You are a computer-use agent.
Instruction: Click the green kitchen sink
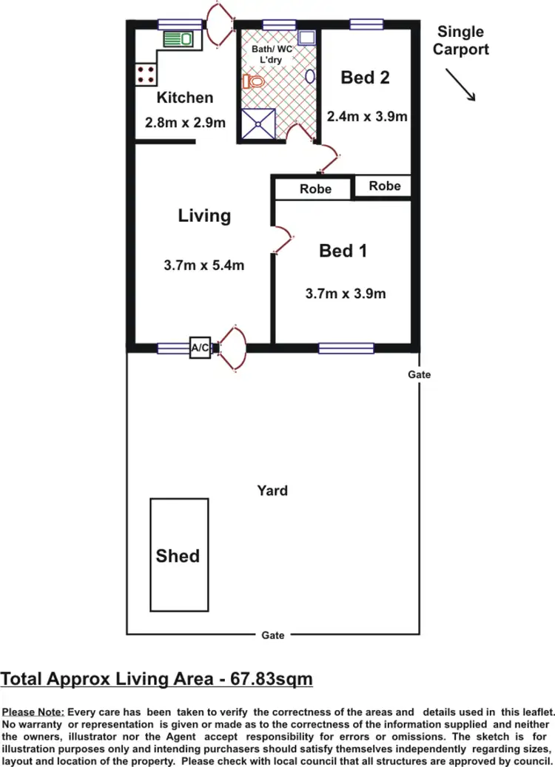(x=177, y=38)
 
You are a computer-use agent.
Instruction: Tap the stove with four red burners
(x=146, y=73)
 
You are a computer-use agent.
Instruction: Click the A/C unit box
(x=201, y=348)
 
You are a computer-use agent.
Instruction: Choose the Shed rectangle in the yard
(x=178, y=555)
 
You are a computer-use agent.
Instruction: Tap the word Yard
(x=272, y=490)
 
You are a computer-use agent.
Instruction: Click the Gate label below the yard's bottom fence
(x=272, y=635)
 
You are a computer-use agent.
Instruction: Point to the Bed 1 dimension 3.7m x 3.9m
(x=346, y=294)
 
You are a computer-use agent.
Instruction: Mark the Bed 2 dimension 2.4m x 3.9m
(x=368, y=116)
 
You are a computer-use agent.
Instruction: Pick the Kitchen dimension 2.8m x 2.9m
(x=185, y=123)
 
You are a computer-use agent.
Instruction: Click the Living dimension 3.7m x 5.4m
(x=204, y=266)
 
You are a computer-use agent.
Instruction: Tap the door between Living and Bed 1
(x=282, y=242)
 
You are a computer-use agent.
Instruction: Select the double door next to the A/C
(x=231, y=348)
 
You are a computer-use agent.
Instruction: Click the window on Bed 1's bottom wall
(x=346, y=348)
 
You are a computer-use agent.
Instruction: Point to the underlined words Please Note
(x=33, y=712)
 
